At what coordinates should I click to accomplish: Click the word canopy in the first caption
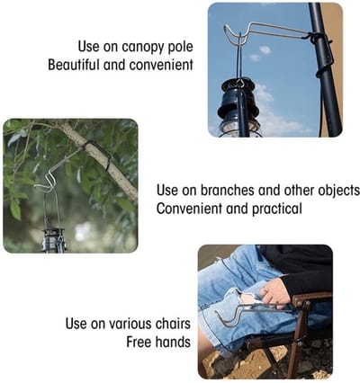click(x=140, y=48)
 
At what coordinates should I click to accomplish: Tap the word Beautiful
click(x=74, y=65)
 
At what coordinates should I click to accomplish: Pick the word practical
click(x=276, y=209)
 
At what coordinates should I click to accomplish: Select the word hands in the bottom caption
click(x=173, y=342)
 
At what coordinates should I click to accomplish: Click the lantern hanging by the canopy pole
click(x=238, y=109)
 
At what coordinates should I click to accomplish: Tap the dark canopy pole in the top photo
click(x=325, y=69)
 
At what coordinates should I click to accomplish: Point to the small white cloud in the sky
click(x=265, y=49)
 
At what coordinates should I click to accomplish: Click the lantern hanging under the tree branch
click(x=54, y=240)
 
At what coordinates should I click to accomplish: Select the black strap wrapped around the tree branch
click(x=100, y=154)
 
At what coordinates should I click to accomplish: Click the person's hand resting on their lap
click(x=275, y=294)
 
